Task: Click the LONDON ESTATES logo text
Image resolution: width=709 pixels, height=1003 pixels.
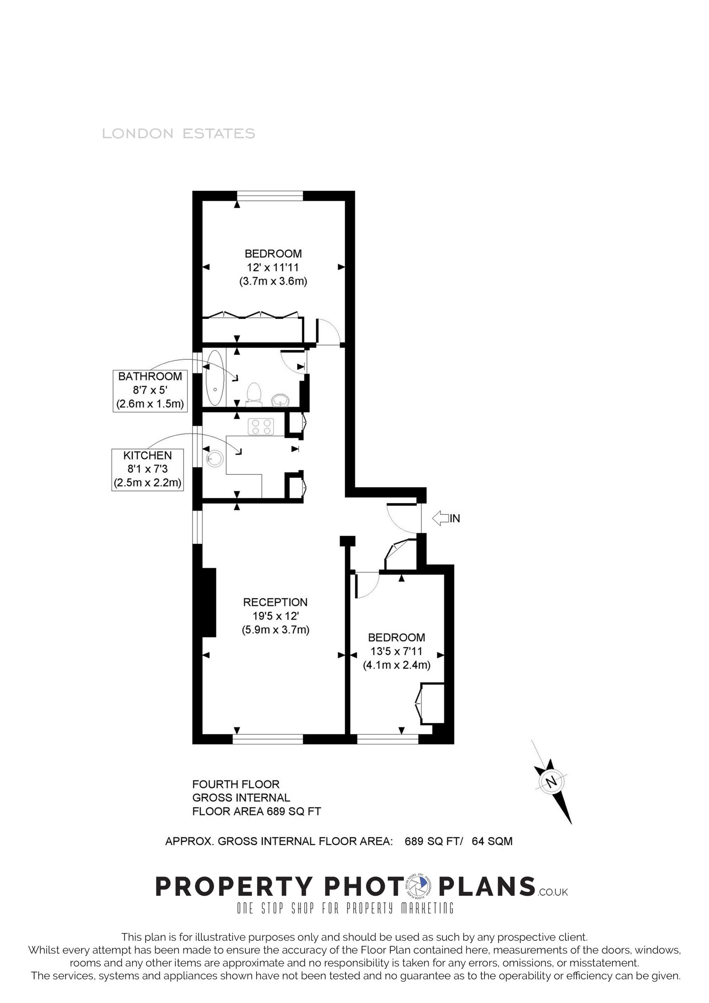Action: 178,134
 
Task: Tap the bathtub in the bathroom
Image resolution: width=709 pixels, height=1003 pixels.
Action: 215,378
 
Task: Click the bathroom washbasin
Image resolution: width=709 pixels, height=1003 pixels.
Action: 279,399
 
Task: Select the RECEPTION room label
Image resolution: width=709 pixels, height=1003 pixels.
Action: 276,602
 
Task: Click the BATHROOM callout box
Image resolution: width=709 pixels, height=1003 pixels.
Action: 150,390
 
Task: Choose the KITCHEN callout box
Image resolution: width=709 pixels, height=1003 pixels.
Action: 147,469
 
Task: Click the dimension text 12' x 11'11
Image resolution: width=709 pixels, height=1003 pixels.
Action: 273,267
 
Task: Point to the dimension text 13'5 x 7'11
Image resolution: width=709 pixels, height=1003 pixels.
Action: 396,651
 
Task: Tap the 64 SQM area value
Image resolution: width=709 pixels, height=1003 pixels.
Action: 492,841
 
